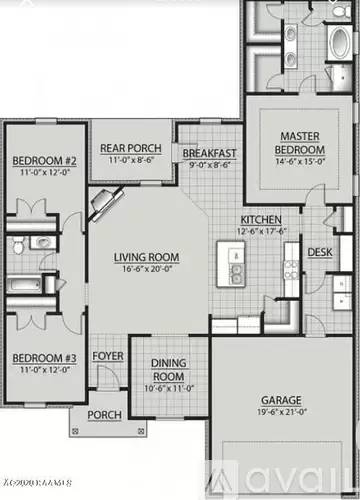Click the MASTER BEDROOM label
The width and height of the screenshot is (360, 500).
click(299, 142)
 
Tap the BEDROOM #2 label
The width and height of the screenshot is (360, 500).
click(44, 160)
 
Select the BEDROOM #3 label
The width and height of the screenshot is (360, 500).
click(44, 356)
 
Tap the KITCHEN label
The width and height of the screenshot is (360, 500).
click(258, 220)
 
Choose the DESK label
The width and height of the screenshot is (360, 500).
click(319, 252)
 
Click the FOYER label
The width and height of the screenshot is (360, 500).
click(107, 356)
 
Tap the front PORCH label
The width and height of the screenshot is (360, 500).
click(104, 415)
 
